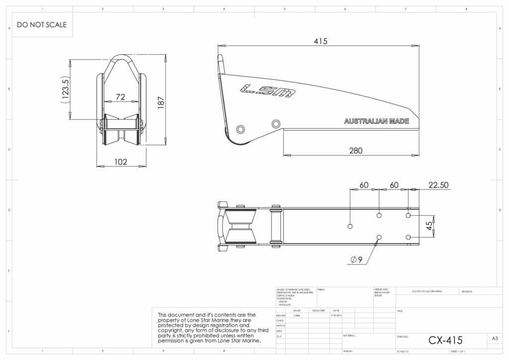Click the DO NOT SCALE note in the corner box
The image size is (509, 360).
coord(42,24)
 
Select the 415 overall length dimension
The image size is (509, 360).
coord(321,41)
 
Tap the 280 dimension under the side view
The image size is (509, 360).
coord(355,150)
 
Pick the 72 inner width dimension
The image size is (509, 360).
coord(120,97)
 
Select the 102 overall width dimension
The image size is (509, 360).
coord(121,162)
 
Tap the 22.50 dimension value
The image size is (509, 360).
coord(438,185)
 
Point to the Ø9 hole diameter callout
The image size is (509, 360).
coord(356,260)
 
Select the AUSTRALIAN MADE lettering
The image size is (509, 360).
coord(377,121)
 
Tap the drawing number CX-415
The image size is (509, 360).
coord(445,340)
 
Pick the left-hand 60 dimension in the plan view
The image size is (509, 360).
coord(364,185)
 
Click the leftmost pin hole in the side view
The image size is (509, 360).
coord(241,129)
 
